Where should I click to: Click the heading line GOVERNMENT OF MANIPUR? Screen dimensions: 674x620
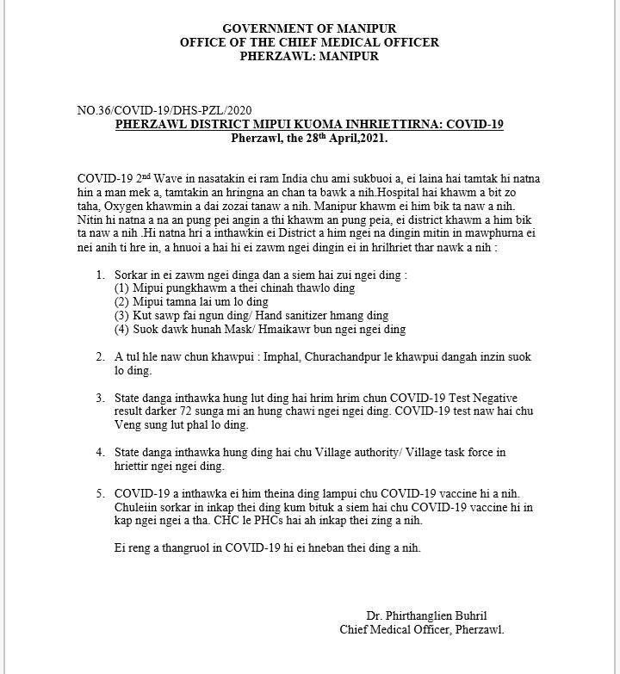(309, 29)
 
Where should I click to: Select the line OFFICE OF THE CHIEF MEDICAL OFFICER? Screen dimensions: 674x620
(309, 43)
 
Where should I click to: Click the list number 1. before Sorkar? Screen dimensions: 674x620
(102, 275)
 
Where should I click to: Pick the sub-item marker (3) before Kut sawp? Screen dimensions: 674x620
(123, 316)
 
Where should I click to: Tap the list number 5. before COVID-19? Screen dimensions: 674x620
(102, 493)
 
